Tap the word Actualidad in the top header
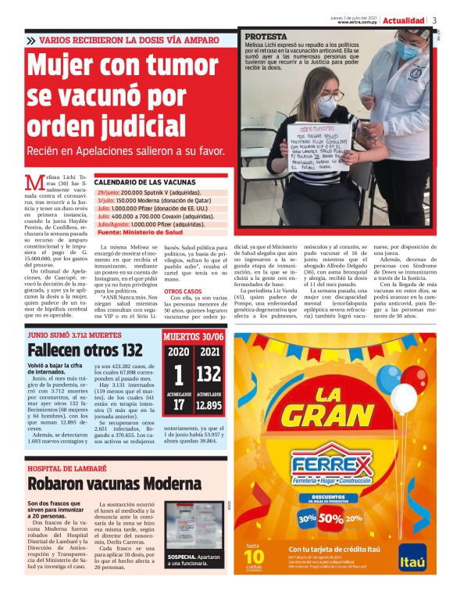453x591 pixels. pos(404,20)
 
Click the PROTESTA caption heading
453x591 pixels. pos(266,37)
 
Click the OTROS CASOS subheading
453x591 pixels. pos(183,292)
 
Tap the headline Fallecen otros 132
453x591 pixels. pos(85,349)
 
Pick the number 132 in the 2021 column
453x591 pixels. pos(209,374)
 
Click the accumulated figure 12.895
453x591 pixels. pos(209,404)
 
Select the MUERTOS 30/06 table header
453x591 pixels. pos(194,337)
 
